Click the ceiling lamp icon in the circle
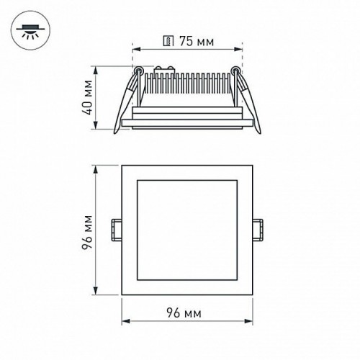pos(29,30)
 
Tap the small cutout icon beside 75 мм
pos(168,42)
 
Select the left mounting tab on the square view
pos(115,229)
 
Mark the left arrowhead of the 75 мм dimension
pos(135,50)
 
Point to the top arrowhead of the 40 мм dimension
pos(98,70)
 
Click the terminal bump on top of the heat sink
pos(164,71)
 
